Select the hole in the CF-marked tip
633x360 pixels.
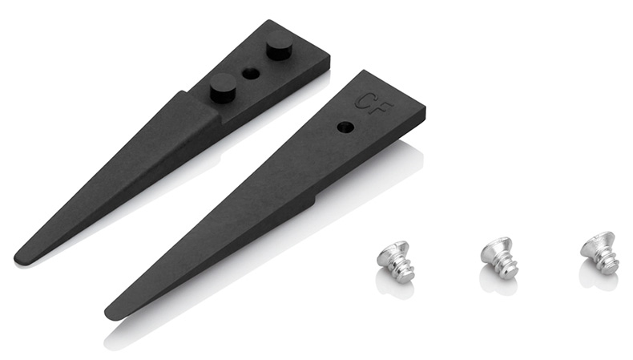tap(345, 127)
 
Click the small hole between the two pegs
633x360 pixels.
tap(249, 73)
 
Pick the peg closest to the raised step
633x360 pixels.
tap(223, 87)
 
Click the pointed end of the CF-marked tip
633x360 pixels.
tap(108, 313)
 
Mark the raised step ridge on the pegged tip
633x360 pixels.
tap(200, 108)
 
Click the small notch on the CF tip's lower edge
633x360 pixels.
tap(316, 198)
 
